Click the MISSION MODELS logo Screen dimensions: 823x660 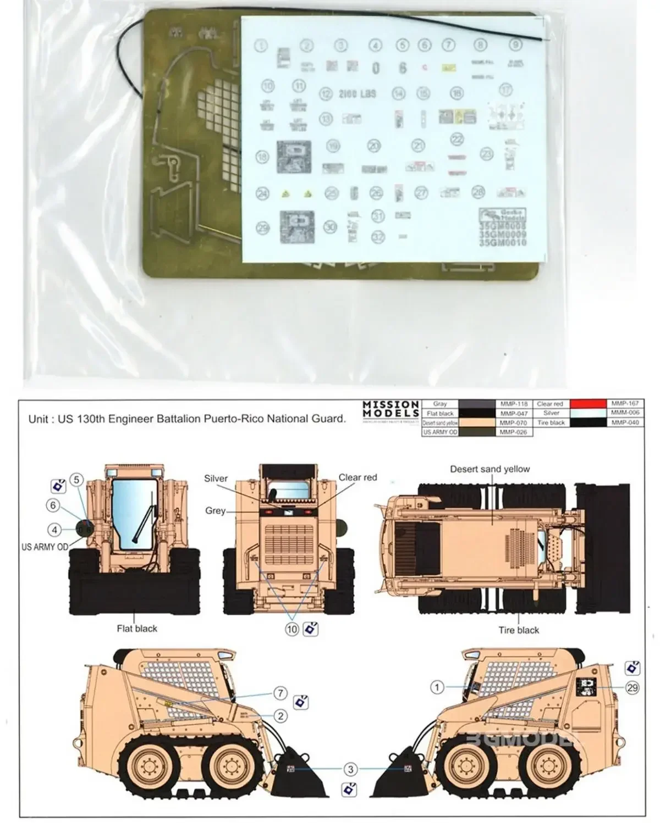(x=391, y=409)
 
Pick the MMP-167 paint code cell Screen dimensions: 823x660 (x=625, y=404)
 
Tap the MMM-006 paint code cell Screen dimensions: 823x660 (x=625, y=413)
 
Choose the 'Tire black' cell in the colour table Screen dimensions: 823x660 (x=551, y=422)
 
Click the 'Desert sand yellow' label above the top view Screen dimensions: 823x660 (x=490, y=469)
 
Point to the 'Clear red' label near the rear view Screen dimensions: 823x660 (x=358, y=477)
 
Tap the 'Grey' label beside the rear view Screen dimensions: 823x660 (x=215, y=511)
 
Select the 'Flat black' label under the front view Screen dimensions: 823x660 (x=136, y=629)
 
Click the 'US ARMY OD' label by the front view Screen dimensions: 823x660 (x=45, y=547)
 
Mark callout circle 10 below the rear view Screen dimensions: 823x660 (x=292, y=629)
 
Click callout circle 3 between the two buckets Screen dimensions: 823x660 (x=350, y=769)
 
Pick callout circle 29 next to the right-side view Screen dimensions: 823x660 (x=632, y=687)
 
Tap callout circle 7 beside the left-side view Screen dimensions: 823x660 (x=280, y=693)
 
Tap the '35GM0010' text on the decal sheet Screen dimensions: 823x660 (x=502, y=242)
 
